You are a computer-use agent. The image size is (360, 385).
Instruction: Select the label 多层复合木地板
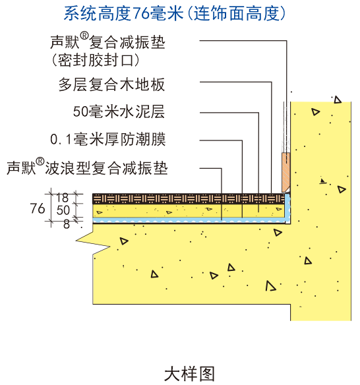point(111,84)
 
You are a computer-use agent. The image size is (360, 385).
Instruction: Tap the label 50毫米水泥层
point(119,111)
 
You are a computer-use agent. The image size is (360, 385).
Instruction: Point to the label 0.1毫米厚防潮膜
point(108,139)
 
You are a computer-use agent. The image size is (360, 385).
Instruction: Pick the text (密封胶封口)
point(96,60)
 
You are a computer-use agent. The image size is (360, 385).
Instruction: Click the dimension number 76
point(38,208)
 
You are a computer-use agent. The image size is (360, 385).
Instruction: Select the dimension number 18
point(63,198)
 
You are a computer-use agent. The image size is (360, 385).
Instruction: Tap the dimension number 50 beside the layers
point(63,210)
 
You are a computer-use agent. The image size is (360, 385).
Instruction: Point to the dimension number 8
point(67,224)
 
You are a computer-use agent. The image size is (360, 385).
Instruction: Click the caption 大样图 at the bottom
point(189,374)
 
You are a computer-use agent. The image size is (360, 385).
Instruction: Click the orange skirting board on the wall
point(286,172)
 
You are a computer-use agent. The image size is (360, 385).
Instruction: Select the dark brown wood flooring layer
point(189,198)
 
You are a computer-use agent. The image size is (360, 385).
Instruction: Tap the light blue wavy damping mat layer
point(189,220)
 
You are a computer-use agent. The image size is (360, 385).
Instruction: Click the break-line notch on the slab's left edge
point(94,243)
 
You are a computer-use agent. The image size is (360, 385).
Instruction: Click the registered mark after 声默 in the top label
point(84,36)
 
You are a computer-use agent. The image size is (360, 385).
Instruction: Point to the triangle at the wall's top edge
point(338,100)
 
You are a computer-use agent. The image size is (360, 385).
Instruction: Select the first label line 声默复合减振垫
point(107,42)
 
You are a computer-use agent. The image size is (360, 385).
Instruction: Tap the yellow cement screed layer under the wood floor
point(189,210)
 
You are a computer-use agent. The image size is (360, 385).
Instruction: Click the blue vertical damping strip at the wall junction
point(288,208)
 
